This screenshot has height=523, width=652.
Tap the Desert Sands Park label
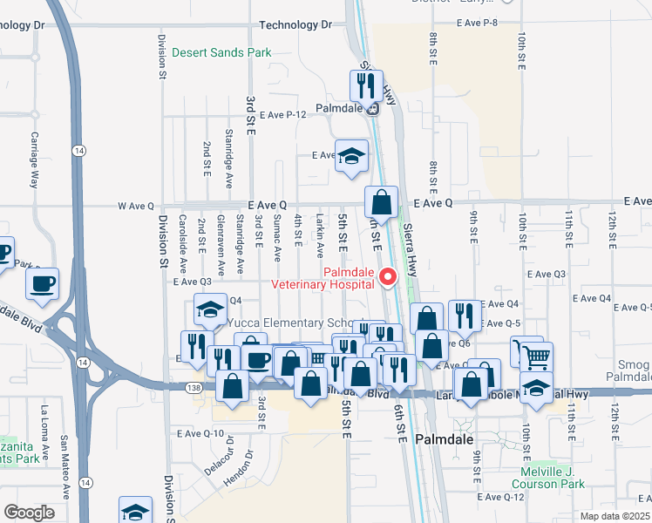221,53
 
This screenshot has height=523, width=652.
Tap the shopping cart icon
538,357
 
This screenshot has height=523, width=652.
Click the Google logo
29,512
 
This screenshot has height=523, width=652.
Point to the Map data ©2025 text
615,516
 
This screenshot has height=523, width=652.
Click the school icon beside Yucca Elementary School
210,310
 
